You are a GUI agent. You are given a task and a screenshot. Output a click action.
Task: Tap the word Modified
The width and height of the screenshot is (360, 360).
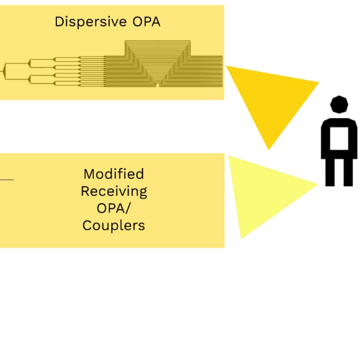[113, 174]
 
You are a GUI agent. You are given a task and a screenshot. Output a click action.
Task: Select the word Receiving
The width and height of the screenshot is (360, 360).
[113, 191]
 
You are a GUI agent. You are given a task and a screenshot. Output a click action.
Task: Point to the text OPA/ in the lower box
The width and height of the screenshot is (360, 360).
[113, 208]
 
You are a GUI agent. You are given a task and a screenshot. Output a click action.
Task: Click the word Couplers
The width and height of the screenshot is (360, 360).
[113, 226]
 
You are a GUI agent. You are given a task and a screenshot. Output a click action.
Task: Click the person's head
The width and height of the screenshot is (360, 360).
[339, 104]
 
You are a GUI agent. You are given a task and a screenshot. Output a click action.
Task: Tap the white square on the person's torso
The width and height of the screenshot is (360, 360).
[339, 138]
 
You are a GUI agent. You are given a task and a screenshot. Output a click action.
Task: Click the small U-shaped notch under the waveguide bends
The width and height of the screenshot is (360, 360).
[157, 84]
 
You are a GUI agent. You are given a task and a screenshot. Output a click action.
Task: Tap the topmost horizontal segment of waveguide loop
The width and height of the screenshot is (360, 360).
[157, 42]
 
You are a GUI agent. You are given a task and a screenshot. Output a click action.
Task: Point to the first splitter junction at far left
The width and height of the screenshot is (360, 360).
[4, 71]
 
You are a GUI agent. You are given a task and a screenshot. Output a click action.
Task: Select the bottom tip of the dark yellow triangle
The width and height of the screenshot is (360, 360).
[269, 149]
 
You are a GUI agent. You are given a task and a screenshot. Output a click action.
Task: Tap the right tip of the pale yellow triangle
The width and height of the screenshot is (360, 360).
[317, 185]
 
